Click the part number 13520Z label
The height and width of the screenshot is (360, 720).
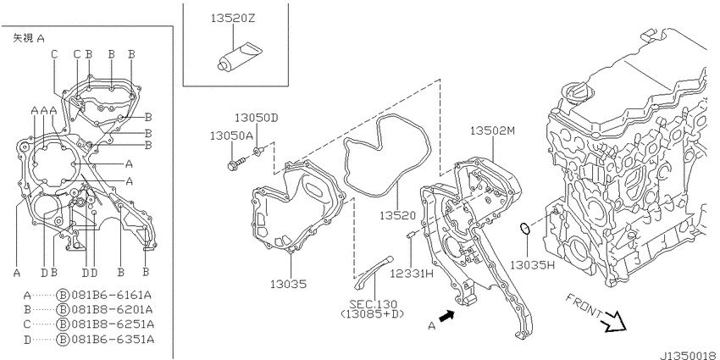pos(233,19)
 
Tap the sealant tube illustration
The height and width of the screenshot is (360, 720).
pos(238,57)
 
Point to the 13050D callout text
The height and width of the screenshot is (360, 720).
pos(257,118)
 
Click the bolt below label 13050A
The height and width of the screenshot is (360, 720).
pos(237,163)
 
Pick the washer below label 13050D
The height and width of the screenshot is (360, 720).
pos(259,151)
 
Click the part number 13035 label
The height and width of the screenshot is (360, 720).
pos(288,285)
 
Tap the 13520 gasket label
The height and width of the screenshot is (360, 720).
pos(397,215)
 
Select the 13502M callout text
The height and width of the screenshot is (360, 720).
pos(493,130)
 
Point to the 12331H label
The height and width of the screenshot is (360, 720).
pos(412,274)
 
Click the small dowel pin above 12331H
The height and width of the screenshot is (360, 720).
pos(411,235)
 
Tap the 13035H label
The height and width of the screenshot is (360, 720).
pos(533,265)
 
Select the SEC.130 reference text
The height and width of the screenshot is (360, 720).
pos(374,304)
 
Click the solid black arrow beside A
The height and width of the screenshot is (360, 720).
pos(446,317)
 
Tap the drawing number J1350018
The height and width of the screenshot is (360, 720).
pos(690,356)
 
